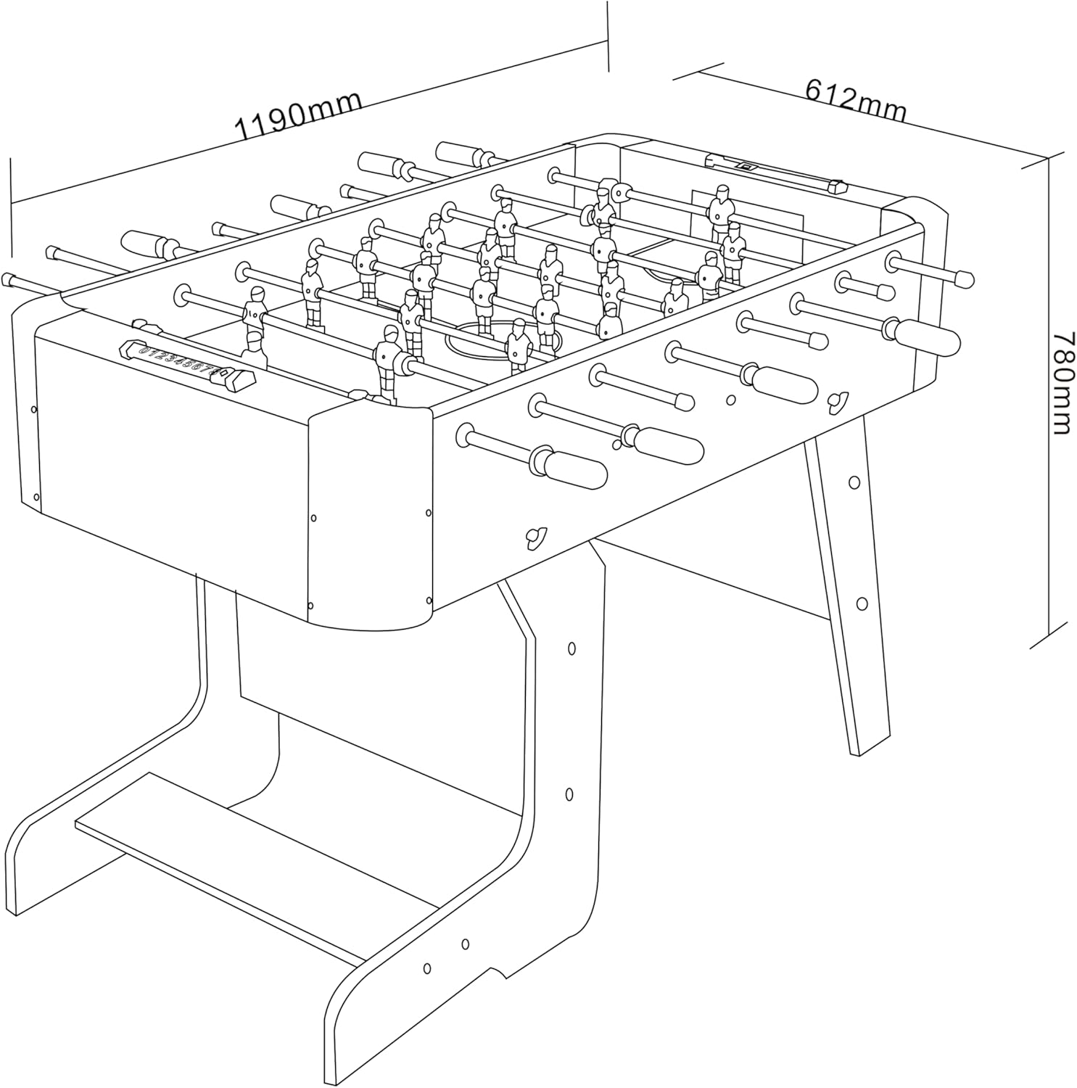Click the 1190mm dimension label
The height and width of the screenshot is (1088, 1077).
[298, 116]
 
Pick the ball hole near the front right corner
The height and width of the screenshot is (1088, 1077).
[537, 535]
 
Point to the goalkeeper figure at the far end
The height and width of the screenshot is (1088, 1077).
[721, 210]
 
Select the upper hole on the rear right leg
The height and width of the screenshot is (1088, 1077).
[854, 482]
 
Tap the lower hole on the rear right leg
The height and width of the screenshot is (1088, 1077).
[862, 603]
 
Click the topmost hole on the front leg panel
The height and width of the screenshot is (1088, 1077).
[571, 648]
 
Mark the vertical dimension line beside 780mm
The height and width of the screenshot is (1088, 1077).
[1049, 399]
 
